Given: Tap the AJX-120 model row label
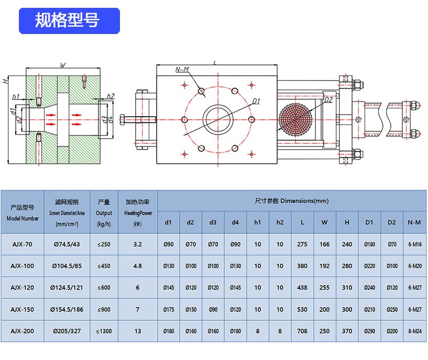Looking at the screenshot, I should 22,288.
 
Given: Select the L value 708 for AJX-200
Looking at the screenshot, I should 302,331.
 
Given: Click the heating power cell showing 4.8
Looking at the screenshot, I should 138,266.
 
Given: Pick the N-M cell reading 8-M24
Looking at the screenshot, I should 414,331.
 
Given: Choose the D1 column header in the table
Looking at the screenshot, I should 369,223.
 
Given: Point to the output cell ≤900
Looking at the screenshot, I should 104,310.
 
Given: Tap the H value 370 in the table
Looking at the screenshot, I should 347,331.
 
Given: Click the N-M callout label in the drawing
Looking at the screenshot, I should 182,70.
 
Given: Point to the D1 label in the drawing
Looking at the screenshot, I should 256,100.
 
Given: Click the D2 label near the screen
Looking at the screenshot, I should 328,99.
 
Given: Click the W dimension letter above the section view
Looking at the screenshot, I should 63,65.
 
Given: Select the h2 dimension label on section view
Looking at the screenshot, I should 111,96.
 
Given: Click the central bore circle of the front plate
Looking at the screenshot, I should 217,120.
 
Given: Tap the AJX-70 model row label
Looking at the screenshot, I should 22,244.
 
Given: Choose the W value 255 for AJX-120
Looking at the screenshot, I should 325,288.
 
